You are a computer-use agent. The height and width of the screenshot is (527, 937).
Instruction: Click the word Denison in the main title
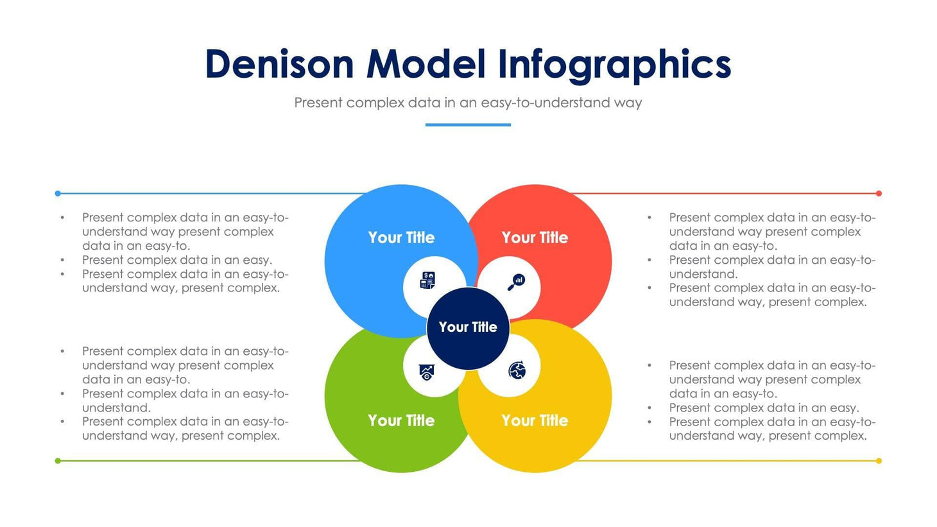pos(279,64)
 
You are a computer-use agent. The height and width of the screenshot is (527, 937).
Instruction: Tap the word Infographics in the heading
pos(614,64)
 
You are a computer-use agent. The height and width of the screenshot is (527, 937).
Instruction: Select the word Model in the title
pos(426,64)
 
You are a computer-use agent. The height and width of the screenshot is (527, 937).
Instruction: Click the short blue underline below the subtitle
pos(468,125)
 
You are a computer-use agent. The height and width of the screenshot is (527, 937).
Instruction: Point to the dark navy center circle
pos(468,327)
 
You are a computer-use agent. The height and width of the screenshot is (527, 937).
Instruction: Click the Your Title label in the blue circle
pos(401,238)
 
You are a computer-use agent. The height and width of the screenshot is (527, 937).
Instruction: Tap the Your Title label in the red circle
pos(535,238)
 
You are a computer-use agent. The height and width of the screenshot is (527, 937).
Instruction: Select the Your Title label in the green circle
pos(401,420)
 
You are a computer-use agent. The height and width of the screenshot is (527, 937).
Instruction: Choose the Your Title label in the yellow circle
pos(535,420)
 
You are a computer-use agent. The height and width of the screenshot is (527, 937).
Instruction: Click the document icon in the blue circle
pos(427,281)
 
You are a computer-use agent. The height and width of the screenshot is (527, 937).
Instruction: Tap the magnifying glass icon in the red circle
pos(517,282)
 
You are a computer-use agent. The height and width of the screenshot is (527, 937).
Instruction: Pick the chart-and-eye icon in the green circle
pos(427,372)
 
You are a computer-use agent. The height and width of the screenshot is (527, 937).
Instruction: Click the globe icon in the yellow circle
pos(517,370)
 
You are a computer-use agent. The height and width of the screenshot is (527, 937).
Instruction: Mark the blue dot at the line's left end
pos(58,193)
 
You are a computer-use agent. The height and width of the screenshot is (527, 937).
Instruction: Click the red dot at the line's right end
pos(879,193)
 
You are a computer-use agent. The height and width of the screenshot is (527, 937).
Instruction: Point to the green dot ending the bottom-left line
pos(58,461)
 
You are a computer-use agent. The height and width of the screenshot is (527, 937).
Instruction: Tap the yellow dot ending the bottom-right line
pos(879,461)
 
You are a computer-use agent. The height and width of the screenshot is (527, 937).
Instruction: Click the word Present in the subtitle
pos(318,103)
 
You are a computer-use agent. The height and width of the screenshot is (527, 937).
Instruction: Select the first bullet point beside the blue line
pos(62,218)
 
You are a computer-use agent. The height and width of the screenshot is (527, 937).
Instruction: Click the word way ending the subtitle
pos(628,103)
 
